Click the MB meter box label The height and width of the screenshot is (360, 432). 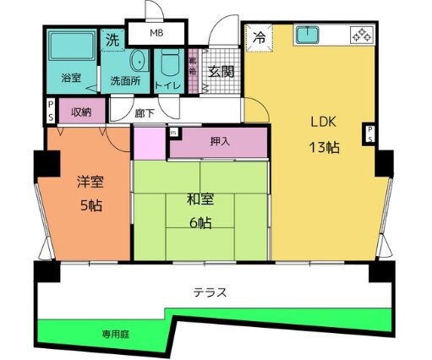(x=156, y=33)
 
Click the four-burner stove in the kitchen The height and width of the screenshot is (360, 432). (x=361, y=36)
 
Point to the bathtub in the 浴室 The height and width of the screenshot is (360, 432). (x=69, y=52)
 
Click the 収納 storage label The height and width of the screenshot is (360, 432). (x=81, y=111)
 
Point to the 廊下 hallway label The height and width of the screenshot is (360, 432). (x=145, y=112)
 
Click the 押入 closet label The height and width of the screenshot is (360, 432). (x=220, y=142)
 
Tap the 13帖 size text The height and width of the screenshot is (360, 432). (x=324, y=146)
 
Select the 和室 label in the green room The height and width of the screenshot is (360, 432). (x=200, y=200)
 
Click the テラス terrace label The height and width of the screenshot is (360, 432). (x=210, y=293)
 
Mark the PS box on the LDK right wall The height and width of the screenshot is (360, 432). (x=369, y=134)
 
